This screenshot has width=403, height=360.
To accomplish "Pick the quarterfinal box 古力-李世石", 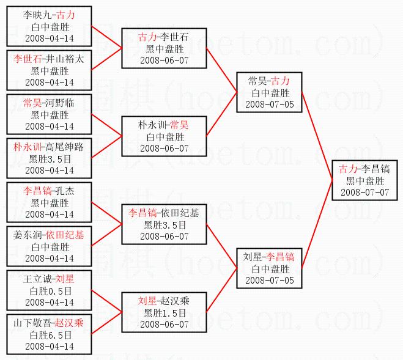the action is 164,48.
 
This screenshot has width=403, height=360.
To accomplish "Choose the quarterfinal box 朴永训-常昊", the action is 164,136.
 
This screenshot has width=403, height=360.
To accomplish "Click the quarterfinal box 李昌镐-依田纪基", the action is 164,224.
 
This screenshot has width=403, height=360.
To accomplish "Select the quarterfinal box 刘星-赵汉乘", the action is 164,312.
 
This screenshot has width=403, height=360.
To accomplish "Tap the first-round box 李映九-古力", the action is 49,26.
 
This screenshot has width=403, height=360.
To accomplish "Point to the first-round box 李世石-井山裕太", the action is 49,70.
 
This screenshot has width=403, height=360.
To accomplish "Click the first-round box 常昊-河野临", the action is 49,114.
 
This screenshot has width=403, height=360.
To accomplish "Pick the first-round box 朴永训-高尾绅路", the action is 49,158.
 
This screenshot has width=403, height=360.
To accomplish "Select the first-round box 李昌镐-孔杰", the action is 49,202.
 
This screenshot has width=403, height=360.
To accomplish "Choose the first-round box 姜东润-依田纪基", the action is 49,246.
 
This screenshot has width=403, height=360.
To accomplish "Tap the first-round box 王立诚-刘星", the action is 49,290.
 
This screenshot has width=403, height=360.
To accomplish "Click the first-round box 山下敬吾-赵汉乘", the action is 49,334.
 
